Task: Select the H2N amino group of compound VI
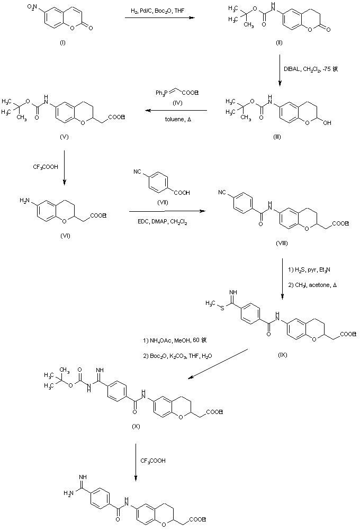(x=24, y=200)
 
